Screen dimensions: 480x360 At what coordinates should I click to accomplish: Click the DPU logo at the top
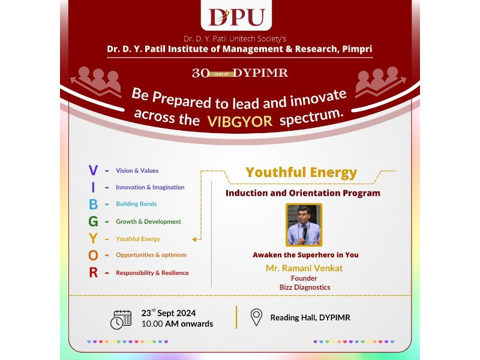click(x=236, y=17)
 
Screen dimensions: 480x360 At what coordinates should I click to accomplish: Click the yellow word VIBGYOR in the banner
click(x=239, y=122)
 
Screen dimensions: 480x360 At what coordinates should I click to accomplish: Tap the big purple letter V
click(x=93, y=170)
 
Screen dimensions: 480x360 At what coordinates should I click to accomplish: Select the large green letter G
click(x=94, y=221)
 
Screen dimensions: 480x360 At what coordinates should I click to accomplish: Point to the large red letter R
click(x=94, y=272)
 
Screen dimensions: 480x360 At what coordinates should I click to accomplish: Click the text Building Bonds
click(x=136, y=204)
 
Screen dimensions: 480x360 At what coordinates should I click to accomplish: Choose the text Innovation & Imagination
click(x=150, y=187)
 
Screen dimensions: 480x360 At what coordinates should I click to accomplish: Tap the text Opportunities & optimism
click(x=151, y=255)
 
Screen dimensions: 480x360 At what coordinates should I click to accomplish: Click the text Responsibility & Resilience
click(x=152, y=273)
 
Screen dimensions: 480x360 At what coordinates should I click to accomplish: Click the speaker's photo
click(x=304, y=225)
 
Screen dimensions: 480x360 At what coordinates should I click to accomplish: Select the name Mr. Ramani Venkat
click(x=304, y=268)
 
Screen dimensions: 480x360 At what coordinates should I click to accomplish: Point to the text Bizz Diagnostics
click(x=305, y=287)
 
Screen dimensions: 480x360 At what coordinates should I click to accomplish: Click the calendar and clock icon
click(x=121, y=320)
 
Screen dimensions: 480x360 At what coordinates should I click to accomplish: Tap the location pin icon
click(x=256, y=317)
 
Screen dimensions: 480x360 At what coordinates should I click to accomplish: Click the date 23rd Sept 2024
click(x=169, y=313)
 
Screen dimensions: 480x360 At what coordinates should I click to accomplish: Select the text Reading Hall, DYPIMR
click(x=310, y=318)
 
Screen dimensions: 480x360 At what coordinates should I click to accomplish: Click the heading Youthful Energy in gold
click(x=301, y=173)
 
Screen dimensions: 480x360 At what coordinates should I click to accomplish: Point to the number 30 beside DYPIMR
click(x=200, y=73)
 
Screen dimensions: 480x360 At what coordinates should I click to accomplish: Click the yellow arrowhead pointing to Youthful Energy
click(x=194, y=239)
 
